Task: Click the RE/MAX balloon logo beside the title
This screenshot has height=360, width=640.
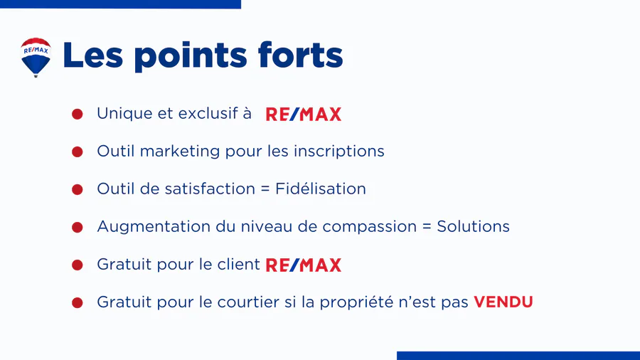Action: (36, 57)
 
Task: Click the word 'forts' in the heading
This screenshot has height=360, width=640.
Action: (300, 54)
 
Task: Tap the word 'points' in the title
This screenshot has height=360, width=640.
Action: (190, 57)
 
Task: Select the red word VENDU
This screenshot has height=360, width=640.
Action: (503, 302)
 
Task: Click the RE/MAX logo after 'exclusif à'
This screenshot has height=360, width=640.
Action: (303, 115)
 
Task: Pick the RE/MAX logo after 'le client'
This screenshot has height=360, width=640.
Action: (303, 265)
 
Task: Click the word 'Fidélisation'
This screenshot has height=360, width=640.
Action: (321, 189)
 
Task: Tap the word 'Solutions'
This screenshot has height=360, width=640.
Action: (473, 226)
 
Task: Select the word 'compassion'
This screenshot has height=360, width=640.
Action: (369, 228)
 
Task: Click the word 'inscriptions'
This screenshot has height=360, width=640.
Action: (338, 152)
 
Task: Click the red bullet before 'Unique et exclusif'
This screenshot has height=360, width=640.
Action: (77, 115)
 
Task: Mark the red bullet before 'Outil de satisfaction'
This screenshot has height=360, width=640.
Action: (77, 190)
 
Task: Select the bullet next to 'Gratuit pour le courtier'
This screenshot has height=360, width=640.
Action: (77, 303)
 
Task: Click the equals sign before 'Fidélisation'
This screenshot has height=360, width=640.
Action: (265, 189)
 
